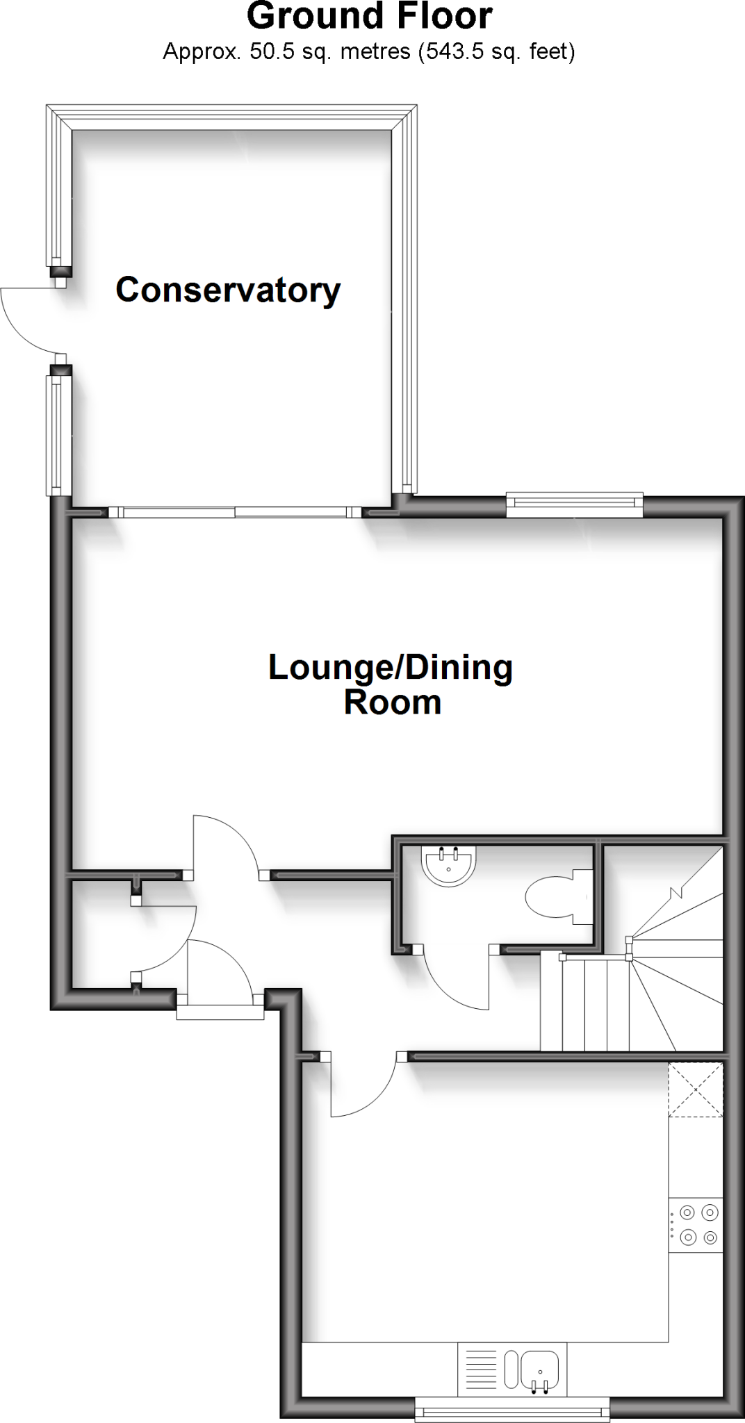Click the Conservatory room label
[x=228, y=290]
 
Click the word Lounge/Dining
[x=391, y=668]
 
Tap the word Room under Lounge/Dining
[x=393, y=702]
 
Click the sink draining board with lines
[x=479, y=1369]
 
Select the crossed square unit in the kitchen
[x=696, y=1089]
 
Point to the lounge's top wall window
[x=574, y=505]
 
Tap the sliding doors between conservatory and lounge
[x=235, y=513]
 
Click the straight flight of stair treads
[x=585, y=1003]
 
